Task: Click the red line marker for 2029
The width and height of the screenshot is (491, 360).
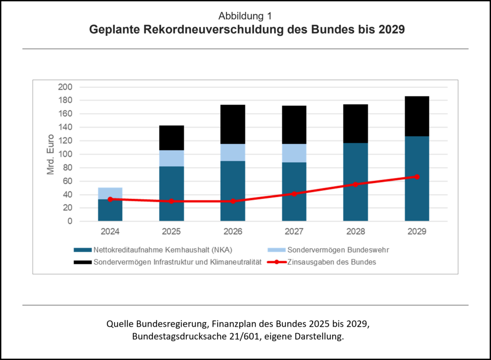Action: (417, 177)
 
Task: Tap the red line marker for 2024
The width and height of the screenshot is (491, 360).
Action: (110, 199)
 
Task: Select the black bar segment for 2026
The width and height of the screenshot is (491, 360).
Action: (233, 124)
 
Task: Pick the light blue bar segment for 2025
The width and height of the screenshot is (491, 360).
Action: (171, 158)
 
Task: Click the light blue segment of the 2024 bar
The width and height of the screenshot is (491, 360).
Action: (110, 193)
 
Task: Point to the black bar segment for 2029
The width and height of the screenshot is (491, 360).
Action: (417, 116)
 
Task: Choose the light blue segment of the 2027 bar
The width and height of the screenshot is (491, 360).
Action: (294, 153)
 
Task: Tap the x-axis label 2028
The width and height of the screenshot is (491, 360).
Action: (355, 232)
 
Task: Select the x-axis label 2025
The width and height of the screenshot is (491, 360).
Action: (171, 232)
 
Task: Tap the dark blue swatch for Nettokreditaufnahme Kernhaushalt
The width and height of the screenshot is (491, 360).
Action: (82, 250)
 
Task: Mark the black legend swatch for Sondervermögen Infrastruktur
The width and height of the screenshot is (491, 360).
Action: (82, 262)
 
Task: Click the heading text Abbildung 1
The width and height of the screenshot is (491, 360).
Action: (245, 16)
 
